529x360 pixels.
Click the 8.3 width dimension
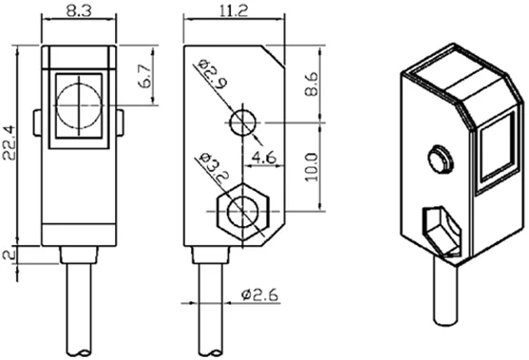(79, 11)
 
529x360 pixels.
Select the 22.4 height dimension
(9, 142)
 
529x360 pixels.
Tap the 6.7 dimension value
(145, 76)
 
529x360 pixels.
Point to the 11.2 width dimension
(234, 10)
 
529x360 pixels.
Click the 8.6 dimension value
(312, 84)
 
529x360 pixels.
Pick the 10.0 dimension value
(312, 167)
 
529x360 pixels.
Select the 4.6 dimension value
(264, 158)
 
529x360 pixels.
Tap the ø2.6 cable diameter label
(260, 294)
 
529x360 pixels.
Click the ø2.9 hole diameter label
(213, 74)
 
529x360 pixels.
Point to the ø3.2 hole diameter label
(214, 168)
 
